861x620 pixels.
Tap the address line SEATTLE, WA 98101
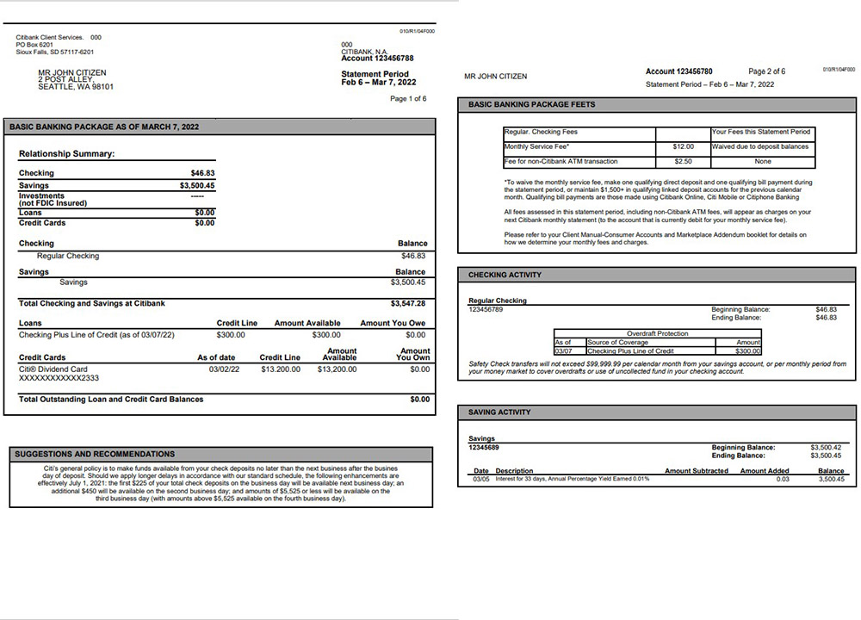point(76,87)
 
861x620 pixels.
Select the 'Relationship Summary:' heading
point(67,154)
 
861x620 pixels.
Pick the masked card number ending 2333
point(59,378)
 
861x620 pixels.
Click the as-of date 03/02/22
point(224,369)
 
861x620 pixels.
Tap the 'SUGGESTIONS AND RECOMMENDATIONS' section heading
point(95,454)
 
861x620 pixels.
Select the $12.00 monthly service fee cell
point(683,146)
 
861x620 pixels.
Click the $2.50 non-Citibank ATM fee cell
point(683,161)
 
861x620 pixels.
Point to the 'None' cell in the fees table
point(762,161)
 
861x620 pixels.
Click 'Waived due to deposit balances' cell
point(762,146)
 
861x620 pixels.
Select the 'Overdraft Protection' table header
point(658,333)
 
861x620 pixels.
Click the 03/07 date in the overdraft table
point(563,351)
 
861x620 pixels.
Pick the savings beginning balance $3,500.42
point(826,448)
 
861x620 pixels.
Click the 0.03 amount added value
point(782,479)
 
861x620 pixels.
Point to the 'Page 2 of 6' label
point(766,71)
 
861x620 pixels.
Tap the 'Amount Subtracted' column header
point(697,471)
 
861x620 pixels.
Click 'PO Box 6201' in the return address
point(34,45)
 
